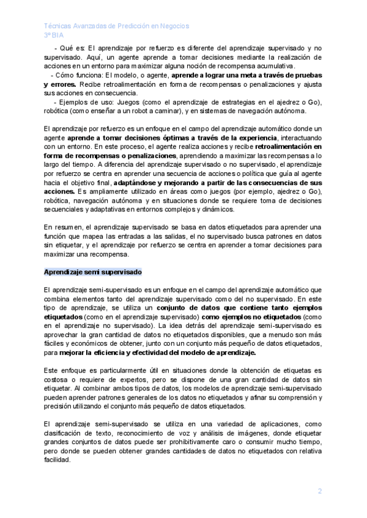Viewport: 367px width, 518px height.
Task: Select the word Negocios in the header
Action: pos(174,26)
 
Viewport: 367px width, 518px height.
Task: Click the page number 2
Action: pos(319,491)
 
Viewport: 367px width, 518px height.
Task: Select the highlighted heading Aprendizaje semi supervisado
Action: pos(93,271)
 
